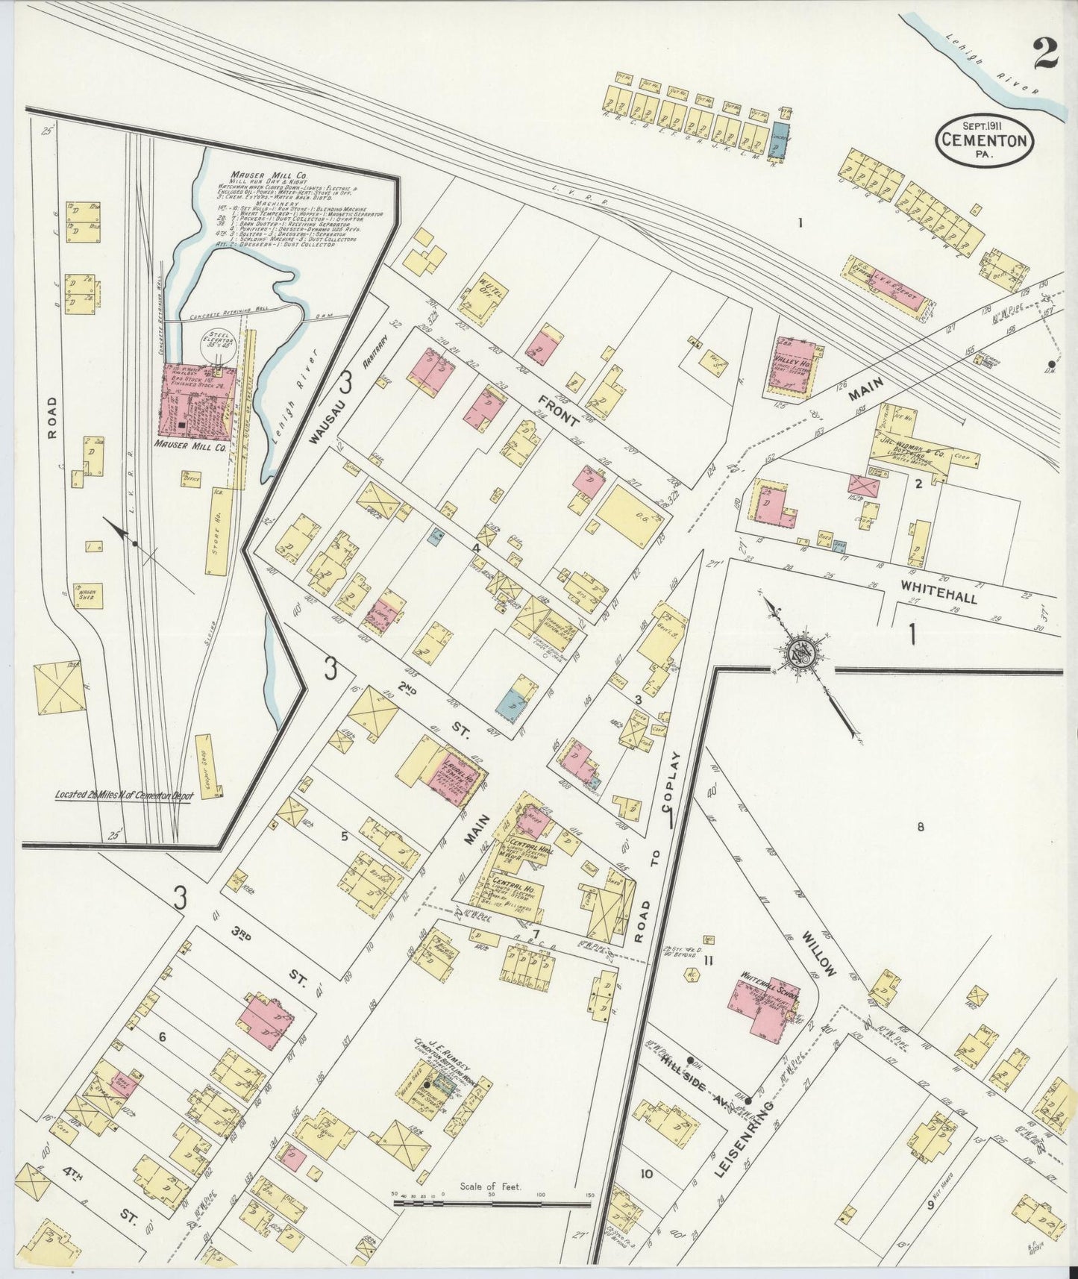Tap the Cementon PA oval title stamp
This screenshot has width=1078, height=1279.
tap(984, 139)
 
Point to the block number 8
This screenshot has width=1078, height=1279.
tap(921, 827)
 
